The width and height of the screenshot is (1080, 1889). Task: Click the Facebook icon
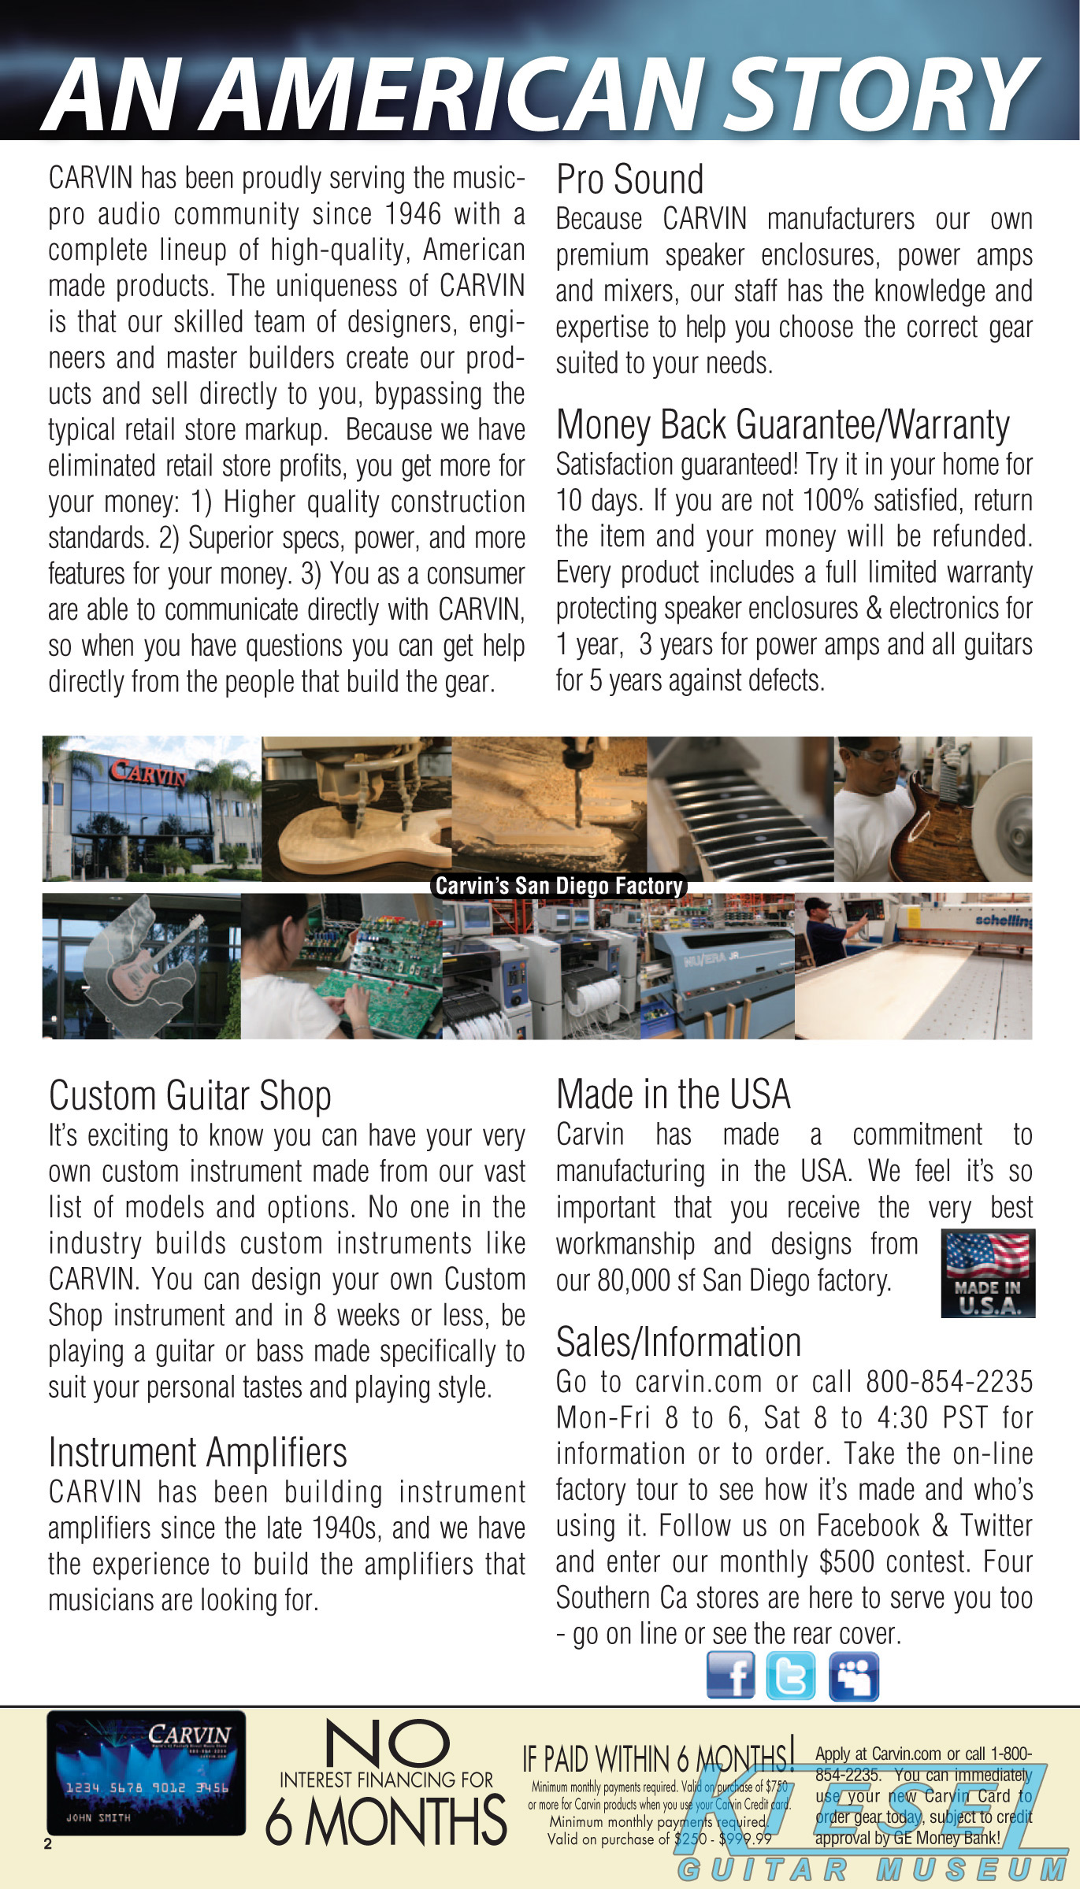click(730, 1675)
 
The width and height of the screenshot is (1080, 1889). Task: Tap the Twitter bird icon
click(791, 1676)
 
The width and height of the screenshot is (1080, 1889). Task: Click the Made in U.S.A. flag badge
click(988, 1272)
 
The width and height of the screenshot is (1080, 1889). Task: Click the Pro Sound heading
click(629, 180)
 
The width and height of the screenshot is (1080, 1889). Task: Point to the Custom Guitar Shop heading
click(190, 1095)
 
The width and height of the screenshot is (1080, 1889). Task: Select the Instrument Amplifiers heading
click(198, 1452)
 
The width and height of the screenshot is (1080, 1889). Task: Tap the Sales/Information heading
click(678, 1342)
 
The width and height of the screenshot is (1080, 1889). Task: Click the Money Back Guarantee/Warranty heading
click(782, 425)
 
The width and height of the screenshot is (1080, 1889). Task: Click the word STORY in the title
click(881, 94)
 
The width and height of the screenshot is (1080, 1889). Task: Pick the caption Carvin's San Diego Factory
click(559, 886)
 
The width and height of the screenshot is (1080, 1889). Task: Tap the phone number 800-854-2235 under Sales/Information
click(949, 1382)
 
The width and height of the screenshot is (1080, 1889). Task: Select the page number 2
click(48, 1844)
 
